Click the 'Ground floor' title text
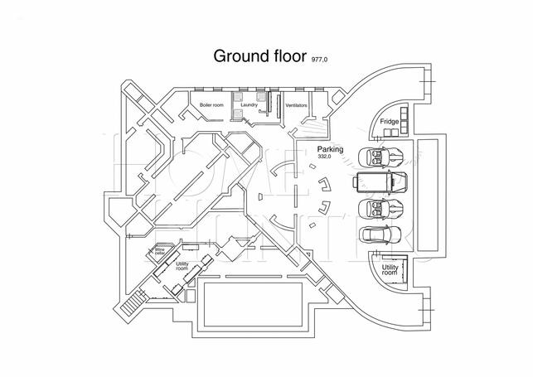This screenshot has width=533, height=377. pyautogui.click(x=259, y=56)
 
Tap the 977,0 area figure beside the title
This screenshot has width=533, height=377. pyautogui.click(x=320, y=61)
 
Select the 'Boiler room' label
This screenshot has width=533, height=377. pyautogui.click(x=213, y=106)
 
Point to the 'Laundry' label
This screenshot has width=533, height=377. pyautogui.click(x=250, y=106)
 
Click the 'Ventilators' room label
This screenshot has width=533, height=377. pyautogui.click(x=296, y=106)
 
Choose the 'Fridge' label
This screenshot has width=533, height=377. pyautogui.click(x=389, y=122)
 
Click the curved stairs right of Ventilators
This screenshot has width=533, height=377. pyautogui.click(x=313, y=128)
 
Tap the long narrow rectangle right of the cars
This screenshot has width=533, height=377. pyautogui.click(x=424, y=195)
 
